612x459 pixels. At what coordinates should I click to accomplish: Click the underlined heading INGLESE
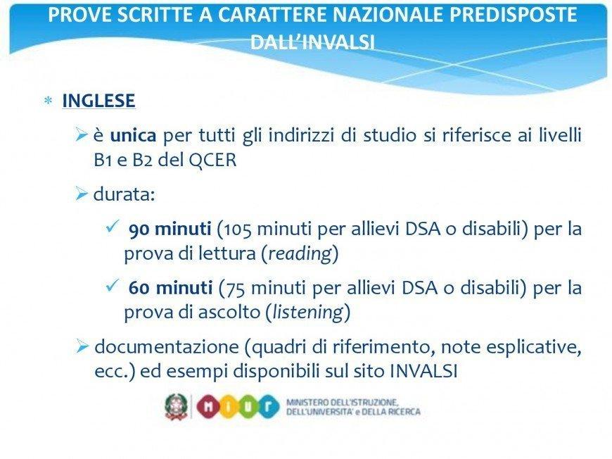coord(98,101)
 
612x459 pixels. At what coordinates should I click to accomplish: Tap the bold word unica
coord(133,136)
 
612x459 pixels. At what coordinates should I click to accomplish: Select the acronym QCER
coord(212,161)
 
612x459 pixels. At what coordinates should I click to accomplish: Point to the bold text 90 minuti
coord(170,229)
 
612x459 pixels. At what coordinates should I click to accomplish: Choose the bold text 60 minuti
coord(170,288)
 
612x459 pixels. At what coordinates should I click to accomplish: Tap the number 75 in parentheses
coord(236,289)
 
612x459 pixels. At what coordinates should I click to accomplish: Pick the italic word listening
coord(308,313)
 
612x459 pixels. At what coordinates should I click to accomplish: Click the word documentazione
coord(167,347)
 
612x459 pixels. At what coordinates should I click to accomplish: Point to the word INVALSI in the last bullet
coord(423,371)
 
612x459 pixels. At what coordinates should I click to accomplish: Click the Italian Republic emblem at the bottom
coord(177,407)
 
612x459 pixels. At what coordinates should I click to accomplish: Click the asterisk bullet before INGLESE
coord(49,101)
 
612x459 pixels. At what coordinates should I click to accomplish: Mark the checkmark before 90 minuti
coord(112,226)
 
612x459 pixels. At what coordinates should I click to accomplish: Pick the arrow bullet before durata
coord(82,194)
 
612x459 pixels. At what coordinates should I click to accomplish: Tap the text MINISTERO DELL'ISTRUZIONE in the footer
coord(343,402)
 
